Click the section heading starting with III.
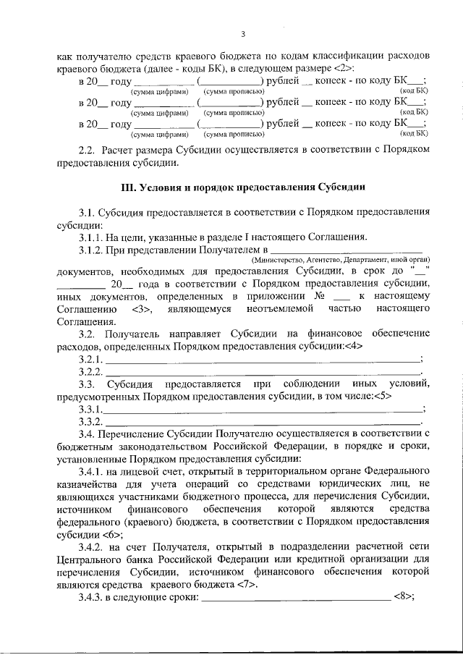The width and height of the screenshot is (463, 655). pos(243,187)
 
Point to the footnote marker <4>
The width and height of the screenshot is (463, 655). pos(353,346)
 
